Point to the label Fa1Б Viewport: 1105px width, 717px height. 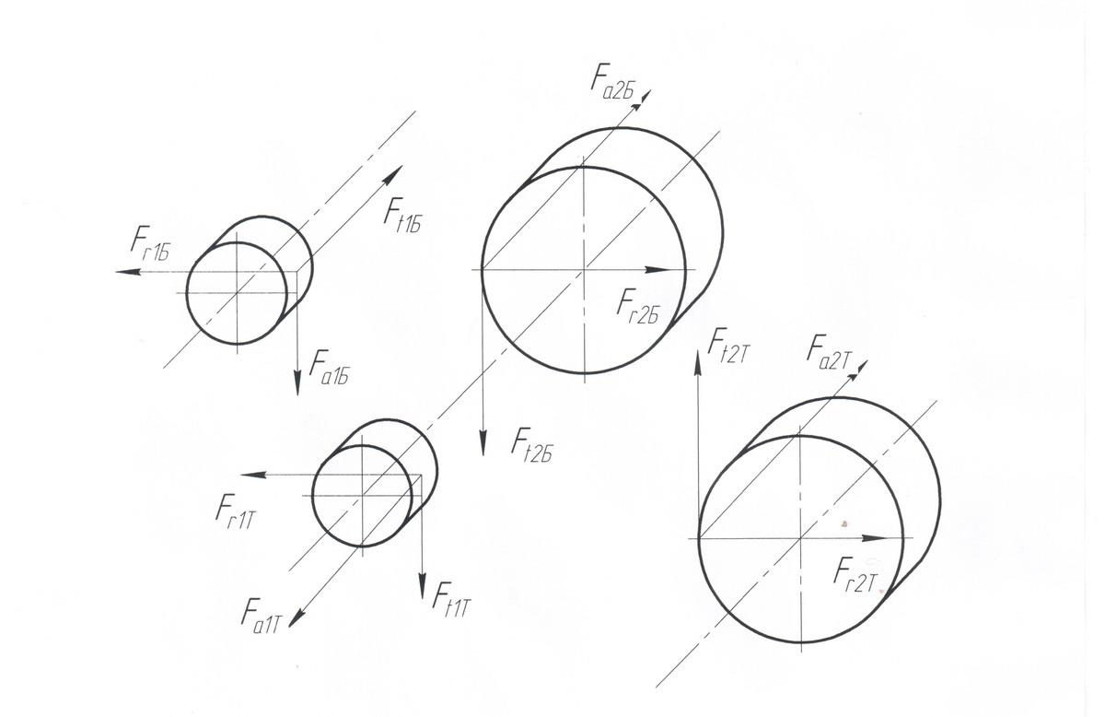tap(334, 367)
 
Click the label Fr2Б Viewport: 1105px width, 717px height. tap(639, 305)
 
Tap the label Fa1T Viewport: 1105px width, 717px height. tap(262, 612)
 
